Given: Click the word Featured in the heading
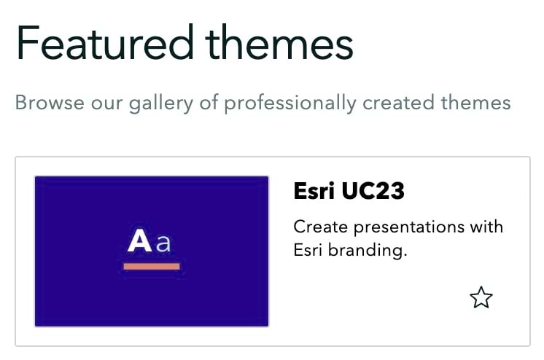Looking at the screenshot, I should click(102, 43).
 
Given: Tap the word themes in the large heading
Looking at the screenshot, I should click(279, 43).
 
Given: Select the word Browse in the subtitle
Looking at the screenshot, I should click(48, 103).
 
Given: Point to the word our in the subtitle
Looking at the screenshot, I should click(106, 103).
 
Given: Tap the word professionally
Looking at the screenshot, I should click(290, 103).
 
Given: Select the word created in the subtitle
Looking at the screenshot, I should click(398, 103).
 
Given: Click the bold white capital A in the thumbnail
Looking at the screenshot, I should click(139, 241).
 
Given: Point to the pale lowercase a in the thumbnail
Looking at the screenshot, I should click(164, 243).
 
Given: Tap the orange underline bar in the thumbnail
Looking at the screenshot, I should click(152, 266).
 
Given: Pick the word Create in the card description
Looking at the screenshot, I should click(319, 226).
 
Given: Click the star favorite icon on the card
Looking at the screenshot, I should click(481, 297).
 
